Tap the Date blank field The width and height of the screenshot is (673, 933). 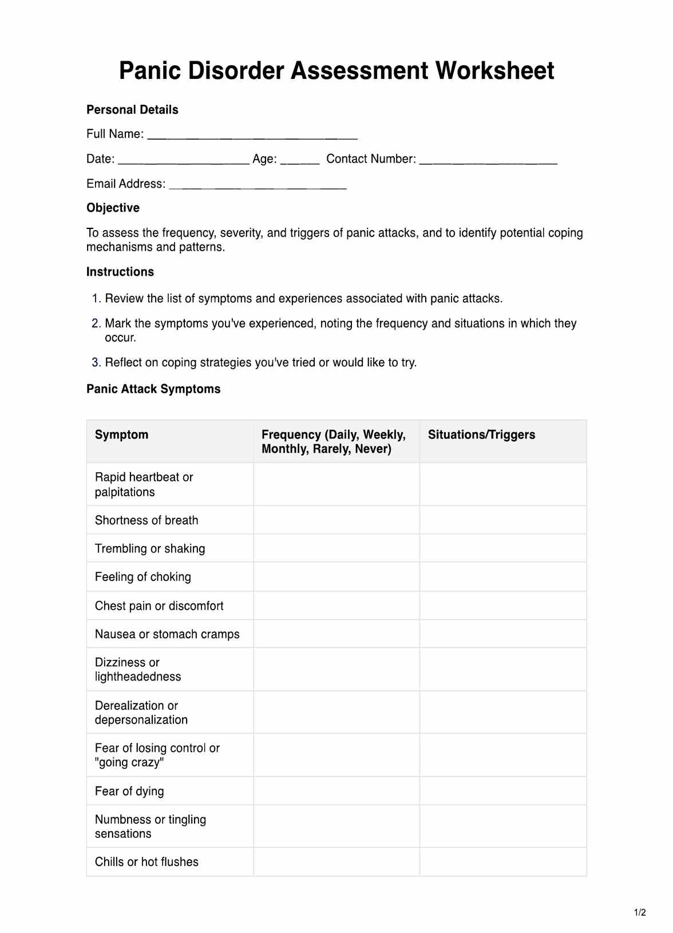(183, 161)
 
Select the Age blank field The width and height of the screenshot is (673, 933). (299, 161)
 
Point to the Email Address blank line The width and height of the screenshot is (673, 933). (258, 185)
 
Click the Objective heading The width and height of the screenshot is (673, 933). (113, 208)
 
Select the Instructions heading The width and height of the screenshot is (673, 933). (120, 272)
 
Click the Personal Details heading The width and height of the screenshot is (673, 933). (132, 110)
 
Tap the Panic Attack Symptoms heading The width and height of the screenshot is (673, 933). (153, 389)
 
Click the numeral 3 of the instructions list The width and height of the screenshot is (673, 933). (95, 362)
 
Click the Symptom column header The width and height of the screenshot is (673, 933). (121, 435)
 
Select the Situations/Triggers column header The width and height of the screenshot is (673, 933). (481, 435)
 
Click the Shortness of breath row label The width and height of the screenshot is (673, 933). (147, 520)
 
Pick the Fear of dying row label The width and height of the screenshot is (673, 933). (129, 791)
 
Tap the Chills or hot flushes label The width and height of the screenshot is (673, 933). (147, 862)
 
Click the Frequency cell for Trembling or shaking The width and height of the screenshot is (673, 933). (336, 548)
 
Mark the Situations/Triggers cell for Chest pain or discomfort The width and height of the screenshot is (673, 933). (503, 606)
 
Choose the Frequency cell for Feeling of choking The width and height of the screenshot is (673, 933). (336, 577)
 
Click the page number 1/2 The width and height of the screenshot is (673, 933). (640, 912)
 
